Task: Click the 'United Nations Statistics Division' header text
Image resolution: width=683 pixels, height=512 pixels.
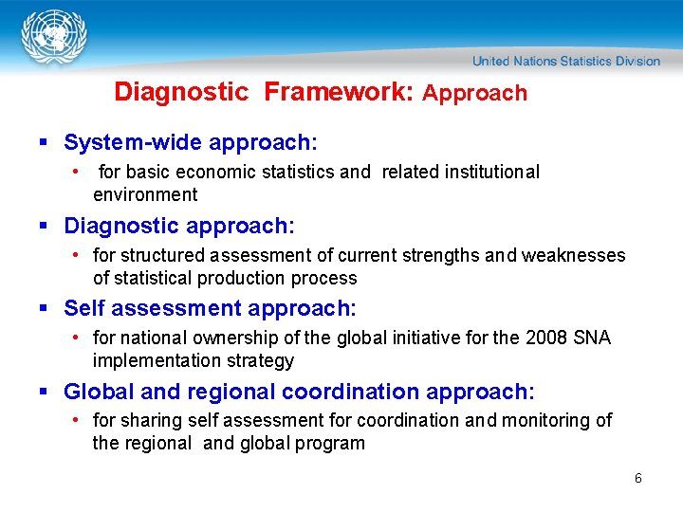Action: pyautogui.click(x=566, y=62)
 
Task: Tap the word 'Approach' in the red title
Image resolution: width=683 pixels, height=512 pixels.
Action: pyautogui.click(x=474, y=93)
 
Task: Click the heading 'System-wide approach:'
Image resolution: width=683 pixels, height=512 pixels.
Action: pyautogui.click(x=191, y=142)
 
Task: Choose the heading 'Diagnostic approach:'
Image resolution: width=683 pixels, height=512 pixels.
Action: pyautogui.click(x=179, y=226)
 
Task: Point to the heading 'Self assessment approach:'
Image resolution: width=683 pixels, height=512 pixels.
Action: pyautogui.click(x=210, y=308)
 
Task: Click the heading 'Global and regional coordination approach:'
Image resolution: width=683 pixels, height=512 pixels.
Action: pyautogui.click(x=299, y=392)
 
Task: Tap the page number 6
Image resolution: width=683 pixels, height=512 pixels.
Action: pyautogui.click(x=638, y=478)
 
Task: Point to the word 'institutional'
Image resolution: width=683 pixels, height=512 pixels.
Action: pyautogui.click(x=487, y=172)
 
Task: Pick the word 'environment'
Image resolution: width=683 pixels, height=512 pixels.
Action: pyautogui.click(x=145, y=194)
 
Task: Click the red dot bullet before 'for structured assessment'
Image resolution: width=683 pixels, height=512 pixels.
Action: pyautogui.click(x=76, y=255)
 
